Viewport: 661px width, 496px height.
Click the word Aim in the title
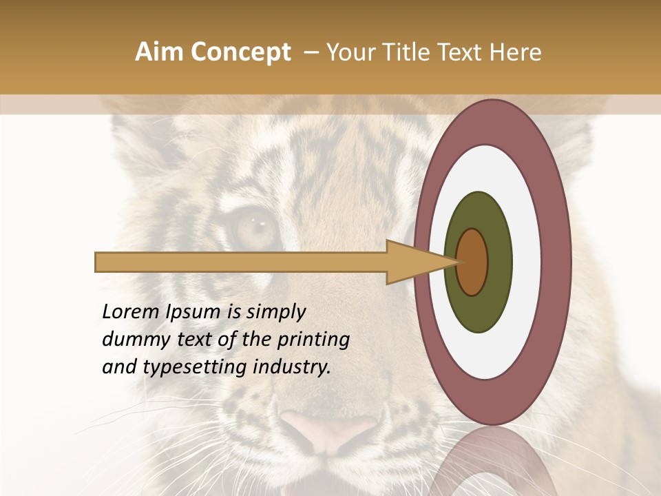pos(157,52)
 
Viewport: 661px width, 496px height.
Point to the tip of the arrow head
pos(457,262)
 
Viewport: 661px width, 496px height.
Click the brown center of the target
pos(472,262)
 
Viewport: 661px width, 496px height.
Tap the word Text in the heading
pos(463,52)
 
